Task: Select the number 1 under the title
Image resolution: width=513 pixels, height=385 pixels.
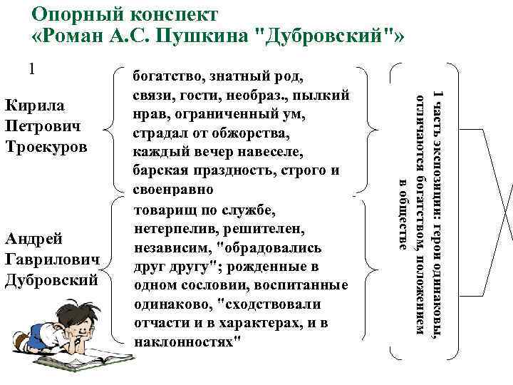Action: tap(32, 69)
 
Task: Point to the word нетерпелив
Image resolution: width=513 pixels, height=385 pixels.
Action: tap(177, 230)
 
